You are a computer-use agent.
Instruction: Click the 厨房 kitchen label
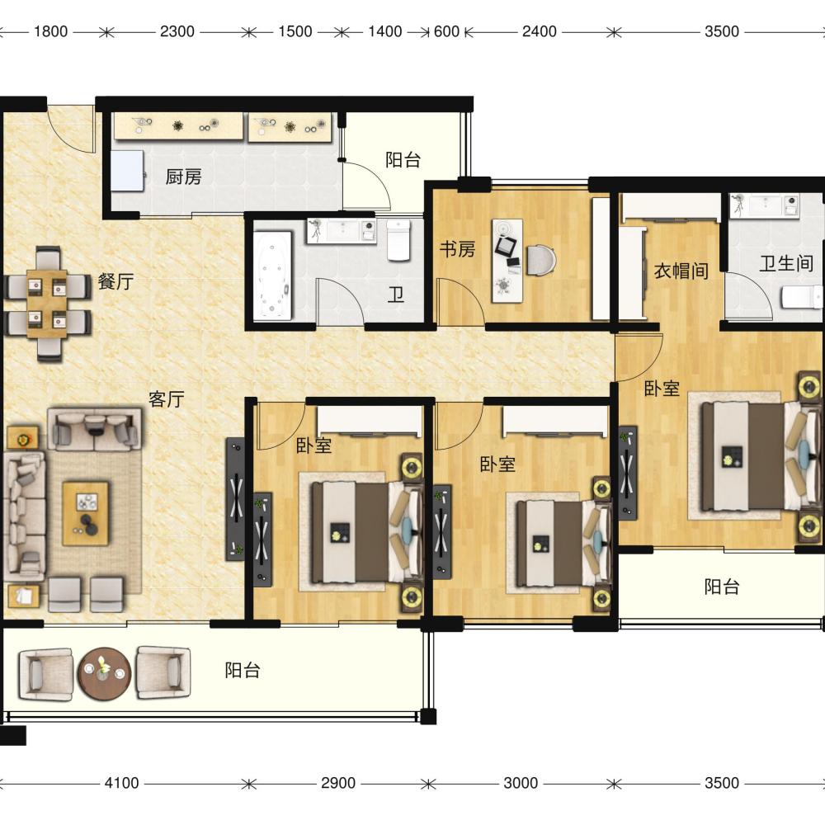[184, 177]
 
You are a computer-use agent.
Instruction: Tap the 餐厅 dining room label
[115, 281]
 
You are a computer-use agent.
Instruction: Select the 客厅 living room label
[167, 399]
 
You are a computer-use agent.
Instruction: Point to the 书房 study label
[458, 249]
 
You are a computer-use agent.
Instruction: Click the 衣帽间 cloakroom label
[681, 271]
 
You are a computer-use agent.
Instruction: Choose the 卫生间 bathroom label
[786, 263]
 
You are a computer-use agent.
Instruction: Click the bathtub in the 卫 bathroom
[272, 276]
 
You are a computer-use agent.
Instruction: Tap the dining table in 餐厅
[47, 304]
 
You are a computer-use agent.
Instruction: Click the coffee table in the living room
[86, 513]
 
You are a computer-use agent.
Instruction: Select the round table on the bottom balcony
[104, 673]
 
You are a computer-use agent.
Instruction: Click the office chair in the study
[542, 260]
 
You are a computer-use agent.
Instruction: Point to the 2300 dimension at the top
[177, 31]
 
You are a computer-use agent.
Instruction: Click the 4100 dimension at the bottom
[121, 783]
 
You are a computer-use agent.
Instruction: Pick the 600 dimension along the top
[446, 31]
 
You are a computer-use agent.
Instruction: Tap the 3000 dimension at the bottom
[521, 783]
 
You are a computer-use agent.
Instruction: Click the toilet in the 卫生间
[801, 297]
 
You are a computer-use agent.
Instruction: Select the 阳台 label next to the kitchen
[403, 159]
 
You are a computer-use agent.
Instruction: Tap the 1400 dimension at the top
[385, 31]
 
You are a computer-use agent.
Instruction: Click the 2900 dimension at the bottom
[338, 783]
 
